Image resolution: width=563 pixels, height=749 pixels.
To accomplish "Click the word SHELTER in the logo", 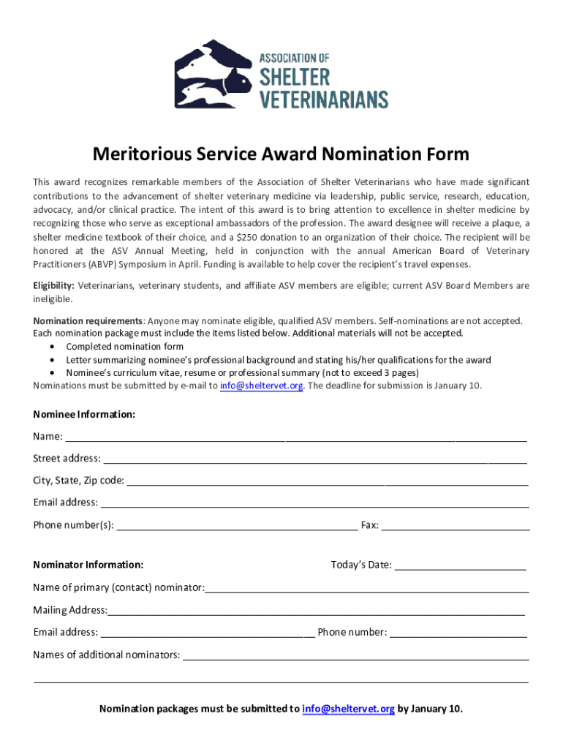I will coord(295,77).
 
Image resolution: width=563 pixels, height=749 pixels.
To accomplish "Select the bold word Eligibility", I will coord(54,285).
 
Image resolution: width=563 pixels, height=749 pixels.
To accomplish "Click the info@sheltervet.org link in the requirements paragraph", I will coord(261,385).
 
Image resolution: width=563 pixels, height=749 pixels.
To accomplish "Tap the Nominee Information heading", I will coord(84,415).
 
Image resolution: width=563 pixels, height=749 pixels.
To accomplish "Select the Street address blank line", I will coord(314,460).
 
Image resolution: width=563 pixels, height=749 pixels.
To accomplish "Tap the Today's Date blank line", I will coord(460,566).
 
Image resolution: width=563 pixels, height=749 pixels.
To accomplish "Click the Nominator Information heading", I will coord(88,565).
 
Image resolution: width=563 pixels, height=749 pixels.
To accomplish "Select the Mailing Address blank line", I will coord(316,611).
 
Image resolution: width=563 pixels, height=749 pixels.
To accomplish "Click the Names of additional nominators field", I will coord(355,656).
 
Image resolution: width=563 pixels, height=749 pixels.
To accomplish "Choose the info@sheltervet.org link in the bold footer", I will coord(348,709).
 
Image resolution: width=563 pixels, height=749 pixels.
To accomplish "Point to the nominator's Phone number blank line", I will coord(458,633).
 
